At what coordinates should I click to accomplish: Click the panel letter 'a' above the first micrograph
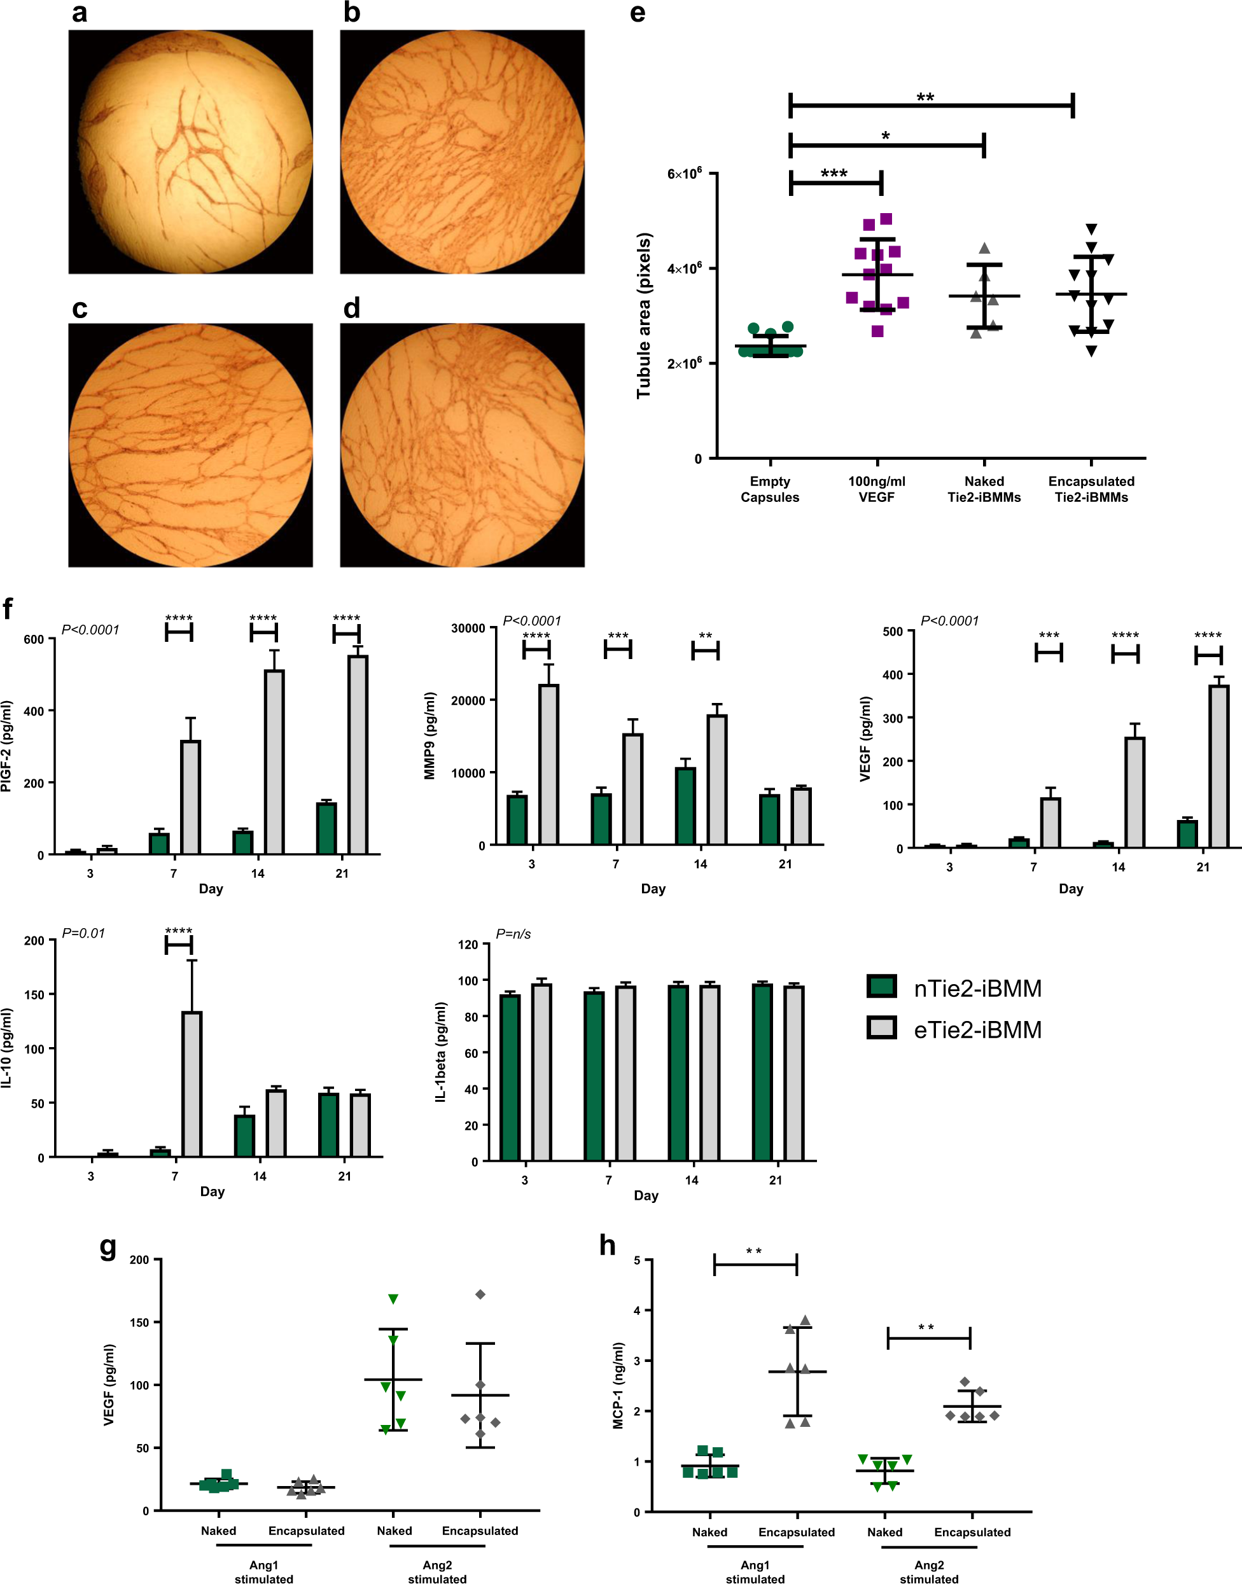[x=80, y=13]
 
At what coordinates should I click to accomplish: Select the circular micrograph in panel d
[x=462, y=445]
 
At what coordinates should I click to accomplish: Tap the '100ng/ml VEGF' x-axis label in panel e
[x=876, y=489]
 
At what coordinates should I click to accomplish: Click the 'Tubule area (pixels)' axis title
[x=643, y=316]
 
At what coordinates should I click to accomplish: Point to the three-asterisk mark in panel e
[x=834, y=173]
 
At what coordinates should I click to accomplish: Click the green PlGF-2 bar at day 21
[x=326, y=828]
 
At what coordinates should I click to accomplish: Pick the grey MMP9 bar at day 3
[x=548, y=764]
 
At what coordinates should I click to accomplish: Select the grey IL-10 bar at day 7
[x=192, y=1083]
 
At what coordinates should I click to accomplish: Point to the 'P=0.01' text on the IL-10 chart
[x=83, y=933]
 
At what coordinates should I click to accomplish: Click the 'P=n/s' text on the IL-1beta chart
[x=513, y=934]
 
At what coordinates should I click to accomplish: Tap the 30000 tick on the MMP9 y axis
[x=468, y=628]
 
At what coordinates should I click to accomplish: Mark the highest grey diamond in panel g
[x=480, y=1295]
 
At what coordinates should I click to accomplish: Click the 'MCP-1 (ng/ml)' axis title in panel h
[x=618, y=1386]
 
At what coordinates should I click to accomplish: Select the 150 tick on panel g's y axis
[x=139, y=1323]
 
